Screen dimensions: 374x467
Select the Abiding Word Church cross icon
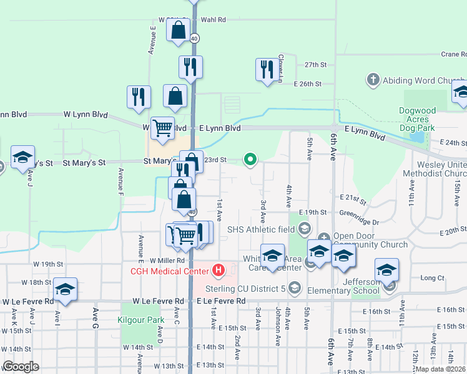click(373, 80)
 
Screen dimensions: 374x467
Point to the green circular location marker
click(250, 160)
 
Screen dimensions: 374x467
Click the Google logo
click(21, 367)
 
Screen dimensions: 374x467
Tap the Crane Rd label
click(453, 54)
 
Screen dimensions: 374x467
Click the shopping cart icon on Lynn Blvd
click(162, 128)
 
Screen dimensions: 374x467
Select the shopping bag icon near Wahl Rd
click(178, 29)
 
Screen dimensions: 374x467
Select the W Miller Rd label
click(167, 260)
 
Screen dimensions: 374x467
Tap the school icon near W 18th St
click(65, 289)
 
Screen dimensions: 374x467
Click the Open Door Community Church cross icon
click(324, 236)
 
